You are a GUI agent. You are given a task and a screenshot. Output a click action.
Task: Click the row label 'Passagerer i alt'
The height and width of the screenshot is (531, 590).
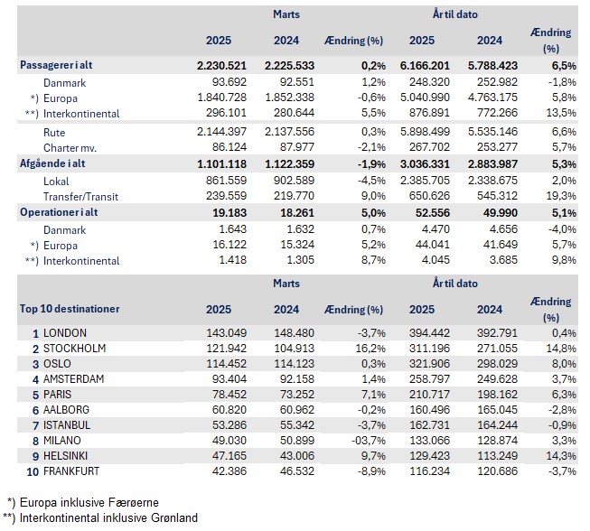tap(62, 65)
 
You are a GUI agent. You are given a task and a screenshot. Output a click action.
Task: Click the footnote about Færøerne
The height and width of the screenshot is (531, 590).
tap(86, 501)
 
